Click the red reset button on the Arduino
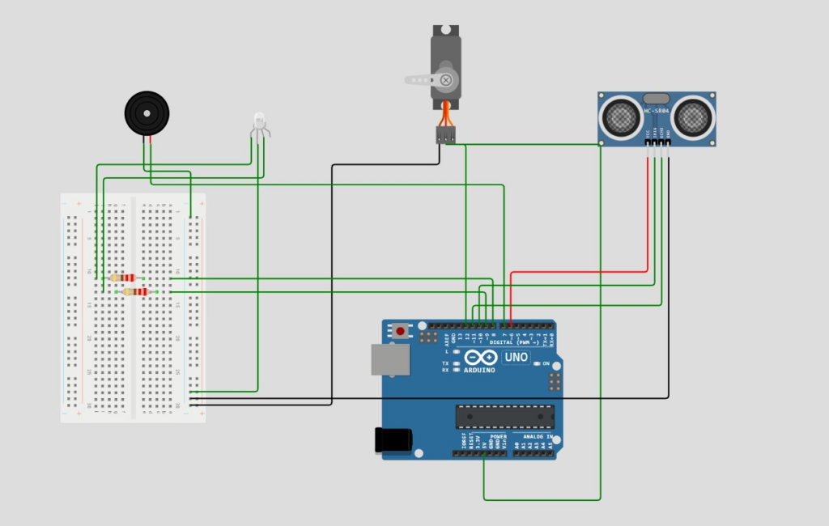400,330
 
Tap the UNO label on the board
517,357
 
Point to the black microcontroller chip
504,416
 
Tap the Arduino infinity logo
480,358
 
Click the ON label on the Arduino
546,364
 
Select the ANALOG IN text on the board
534,437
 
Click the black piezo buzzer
147,113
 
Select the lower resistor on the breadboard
136,291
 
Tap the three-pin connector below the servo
445,135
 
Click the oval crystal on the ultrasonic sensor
657,97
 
